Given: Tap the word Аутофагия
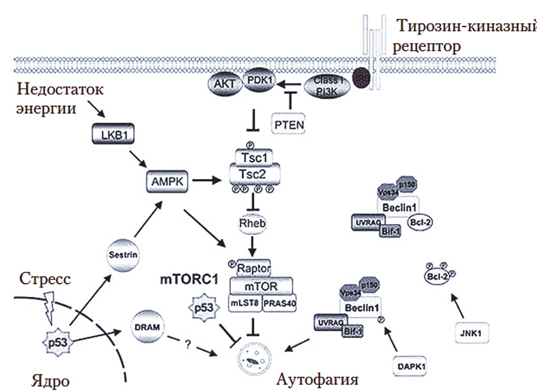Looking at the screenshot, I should click(318, 379).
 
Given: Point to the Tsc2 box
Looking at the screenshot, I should click(254, 175).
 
